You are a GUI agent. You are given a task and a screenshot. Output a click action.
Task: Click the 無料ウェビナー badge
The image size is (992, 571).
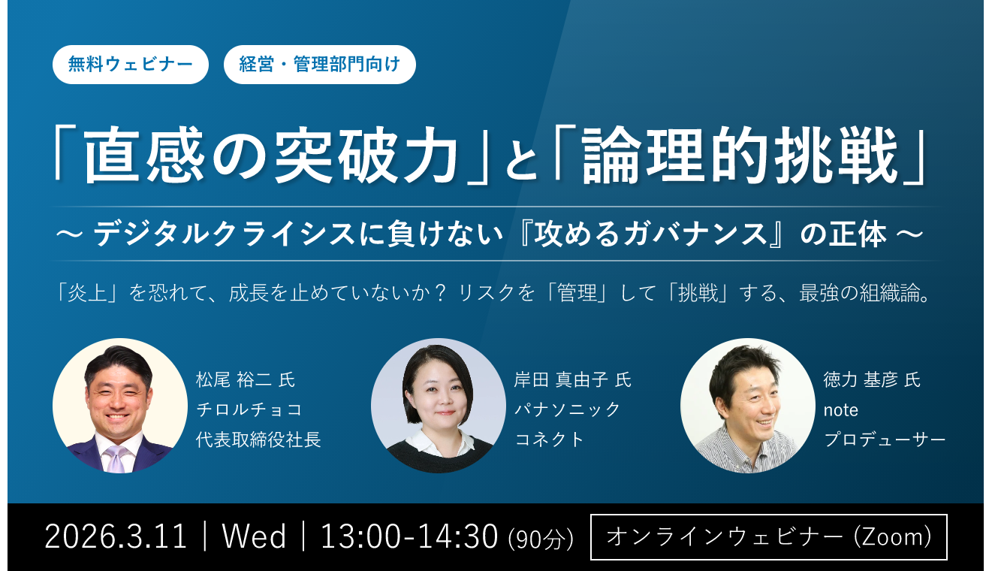tap(130, 64)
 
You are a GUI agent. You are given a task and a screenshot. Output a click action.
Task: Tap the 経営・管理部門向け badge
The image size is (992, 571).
tap(319, 64)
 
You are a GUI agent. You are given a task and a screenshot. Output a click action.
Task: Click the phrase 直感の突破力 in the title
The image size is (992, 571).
tap(270, 155)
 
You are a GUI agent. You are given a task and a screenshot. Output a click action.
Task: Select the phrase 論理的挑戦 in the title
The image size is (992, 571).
tap(740, 155)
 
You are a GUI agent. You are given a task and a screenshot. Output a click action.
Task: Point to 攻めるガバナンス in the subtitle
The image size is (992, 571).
tap(650, 234)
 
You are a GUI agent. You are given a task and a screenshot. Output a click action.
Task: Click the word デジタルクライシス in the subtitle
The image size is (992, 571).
tap(224, 234)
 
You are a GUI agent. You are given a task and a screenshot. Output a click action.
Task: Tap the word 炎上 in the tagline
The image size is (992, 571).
tap(87, 293)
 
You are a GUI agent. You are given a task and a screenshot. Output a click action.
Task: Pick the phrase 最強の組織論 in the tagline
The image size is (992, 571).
tap(860, 293)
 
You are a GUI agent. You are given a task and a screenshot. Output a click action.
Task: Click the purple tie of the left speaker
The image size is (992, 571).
tap(116, 458)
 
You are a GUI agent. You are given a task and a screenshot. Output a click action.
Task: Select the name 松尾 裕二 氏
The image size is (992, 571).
tap(246, 379)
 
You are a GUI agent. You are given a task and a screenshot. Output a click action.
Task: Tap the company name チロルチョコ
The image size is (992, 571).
tap(249, 409)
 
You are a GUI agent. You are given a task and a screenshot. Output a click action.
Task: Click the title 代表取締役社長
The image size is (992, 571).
tap(258, 440)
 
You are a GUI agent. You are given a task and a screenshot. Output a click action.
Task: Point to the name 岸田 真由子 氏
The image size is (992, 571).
tap(573, 379)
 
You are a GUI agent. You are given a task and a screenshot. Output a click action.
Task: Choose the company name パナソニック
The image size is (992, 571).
tap(567, 409)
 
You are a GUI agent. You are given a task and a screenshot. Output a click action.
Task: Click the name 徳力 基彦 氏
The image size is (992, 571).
tap(872, 379)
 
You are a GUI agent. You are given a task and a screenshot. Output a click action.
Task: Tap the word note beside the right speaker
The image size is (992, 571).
tap(841, 410)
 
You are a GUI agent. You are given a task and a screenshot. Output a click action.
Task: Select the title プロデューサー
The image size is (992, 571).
tap(885, 440)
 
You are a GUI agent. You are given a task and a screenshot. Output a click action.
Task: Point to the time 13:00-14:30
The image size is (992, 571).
tap(409, 537)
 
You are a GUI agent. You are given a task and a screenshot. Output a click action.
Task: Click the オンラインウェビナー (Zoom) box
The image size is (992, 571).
tap(769, 537)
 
